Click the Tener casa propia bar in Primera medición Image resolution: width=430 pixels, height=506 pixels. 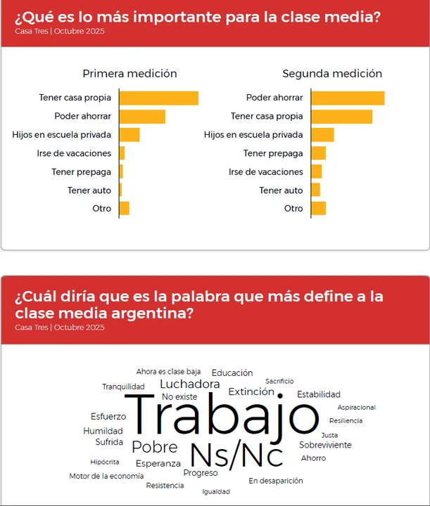158,98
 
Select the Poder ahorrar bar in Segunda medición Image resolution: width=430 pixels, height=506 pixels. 348,98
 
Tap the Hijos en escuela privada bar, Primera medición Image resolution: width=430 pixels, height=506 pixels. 129,135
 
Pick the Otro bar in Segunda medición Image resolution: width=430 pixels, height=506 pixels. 318,208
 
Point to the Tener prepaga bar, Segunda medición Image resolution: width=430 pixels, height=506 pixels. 318,153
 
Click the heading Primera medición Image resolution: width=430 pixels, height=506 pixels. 129,74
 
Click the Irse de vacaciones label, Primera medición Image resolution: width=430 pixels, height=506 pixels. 74,153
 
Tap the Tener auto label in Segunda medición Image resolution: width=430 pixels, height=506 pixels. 281,190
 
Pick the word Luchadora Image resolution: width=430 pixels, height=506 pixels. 190,384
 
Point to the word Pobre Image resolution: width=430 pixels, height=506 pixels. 155,447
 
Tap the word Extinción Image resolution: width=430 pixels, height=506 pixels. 251,391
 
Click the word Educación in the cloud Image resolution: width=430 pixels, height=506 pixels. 232,372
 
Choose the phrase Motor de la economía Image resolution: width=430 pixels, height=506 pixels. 106,476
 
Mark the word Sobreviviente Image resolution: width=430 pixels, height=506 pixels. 325,445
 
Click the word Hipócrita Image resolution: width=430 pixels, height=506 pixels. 105,462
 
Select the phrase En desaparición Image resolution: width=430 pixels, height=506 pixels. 276,481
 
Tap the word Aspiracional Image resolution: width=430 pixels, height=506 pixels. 356,407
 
